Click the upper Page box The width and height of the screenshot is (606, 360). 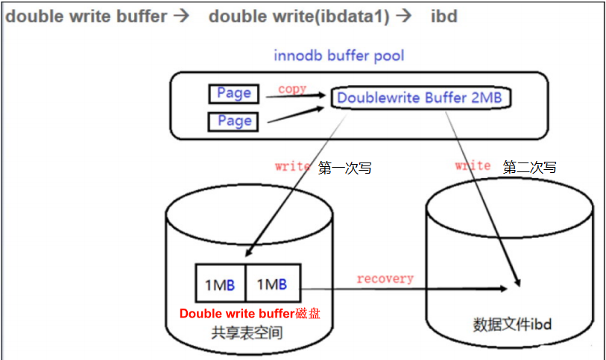[234, 93]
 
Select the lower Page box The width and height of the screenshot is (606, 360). [234, 121]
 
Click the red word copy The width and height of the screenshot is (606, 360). [292, 89]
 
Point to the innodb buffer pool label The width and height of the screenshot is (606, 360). [339, 56]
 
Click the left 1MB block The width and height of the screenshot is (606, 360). [220, 284]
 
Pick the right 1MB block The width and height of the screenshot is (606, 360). [271, 284]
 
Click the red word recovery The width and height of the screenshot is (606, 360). [385, 278]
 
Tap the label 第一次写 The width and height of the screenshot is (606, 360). [344, 168]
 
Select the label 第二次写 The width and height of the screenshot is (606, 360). [530, 167]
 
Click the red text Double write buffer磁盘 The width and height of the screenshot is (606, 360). [250, 314]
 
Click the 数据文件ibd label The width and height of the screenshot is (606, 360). [512, 324]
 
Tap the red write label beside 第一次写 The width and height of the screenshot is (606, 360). [292, 166]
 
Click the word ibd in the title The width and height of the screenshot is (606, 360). [444, 16]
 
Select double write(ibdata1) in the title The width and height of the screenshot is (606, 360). [299, 16]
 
